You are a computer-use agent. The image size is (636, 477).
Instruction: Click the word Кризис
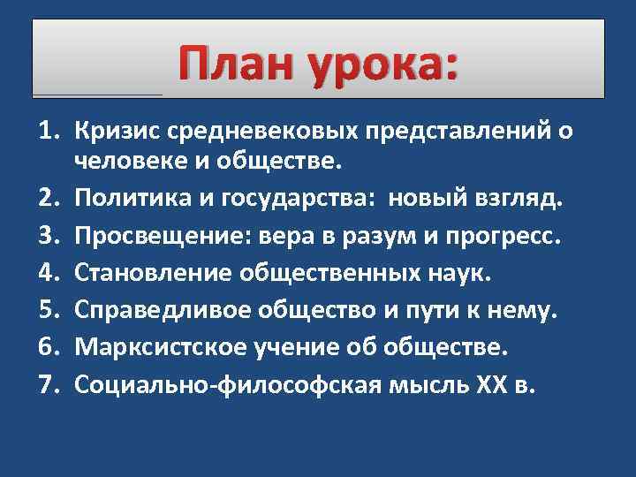pyautogui.click(x=116, y=132)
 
